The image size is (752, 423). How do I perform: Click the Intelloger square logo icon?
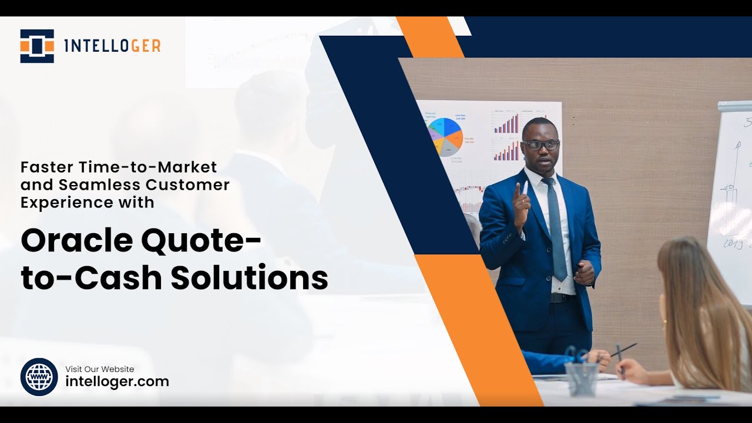pos(37,46)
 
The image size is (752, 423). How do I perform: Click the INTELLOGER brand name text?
pos(112,46)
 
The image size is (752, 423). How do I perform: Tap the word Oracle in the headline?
pos(73,241)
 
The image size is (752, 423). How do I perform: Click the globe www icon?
pos(39,377)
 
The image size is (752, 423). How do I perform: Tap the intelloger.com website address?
pos(117,381)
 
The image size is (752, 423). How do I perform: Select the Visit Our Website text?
pos(99,369)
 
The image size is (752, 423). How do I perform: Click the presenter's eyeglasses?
pos(540,145)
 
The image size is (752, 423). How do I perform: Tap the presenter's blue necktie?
pos(555,229)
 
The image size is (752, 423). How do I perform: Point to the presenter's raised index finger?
pos(518,190)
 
